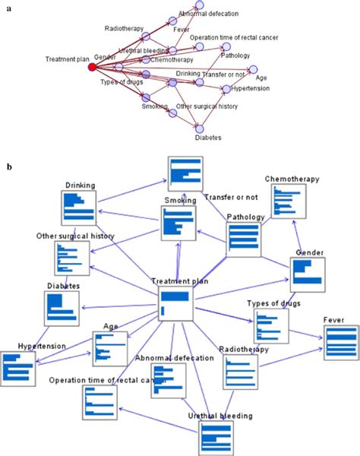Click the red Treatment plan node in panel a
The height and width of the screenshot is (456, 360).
click(x=92, y=67)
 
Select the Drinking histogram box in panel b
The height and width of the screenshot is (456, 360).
click(x=79, y=207)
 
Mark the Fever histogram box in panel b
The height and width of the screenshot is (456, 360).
click(x=341, y=343)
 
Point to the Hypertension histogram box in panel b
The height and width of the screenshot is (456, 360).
click(x=18, y=369)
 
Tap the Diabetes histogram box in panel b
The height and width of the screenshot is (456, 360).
click(x=63, y=308)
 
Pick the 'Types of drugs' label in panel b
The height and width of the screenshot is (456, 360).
click(x=273, y=303)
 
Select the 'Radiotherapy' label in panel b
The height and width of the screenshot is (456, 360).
click(x=242, y=349)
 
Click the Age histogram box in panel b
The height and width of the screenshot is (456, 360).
click(x=110, y=348)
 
